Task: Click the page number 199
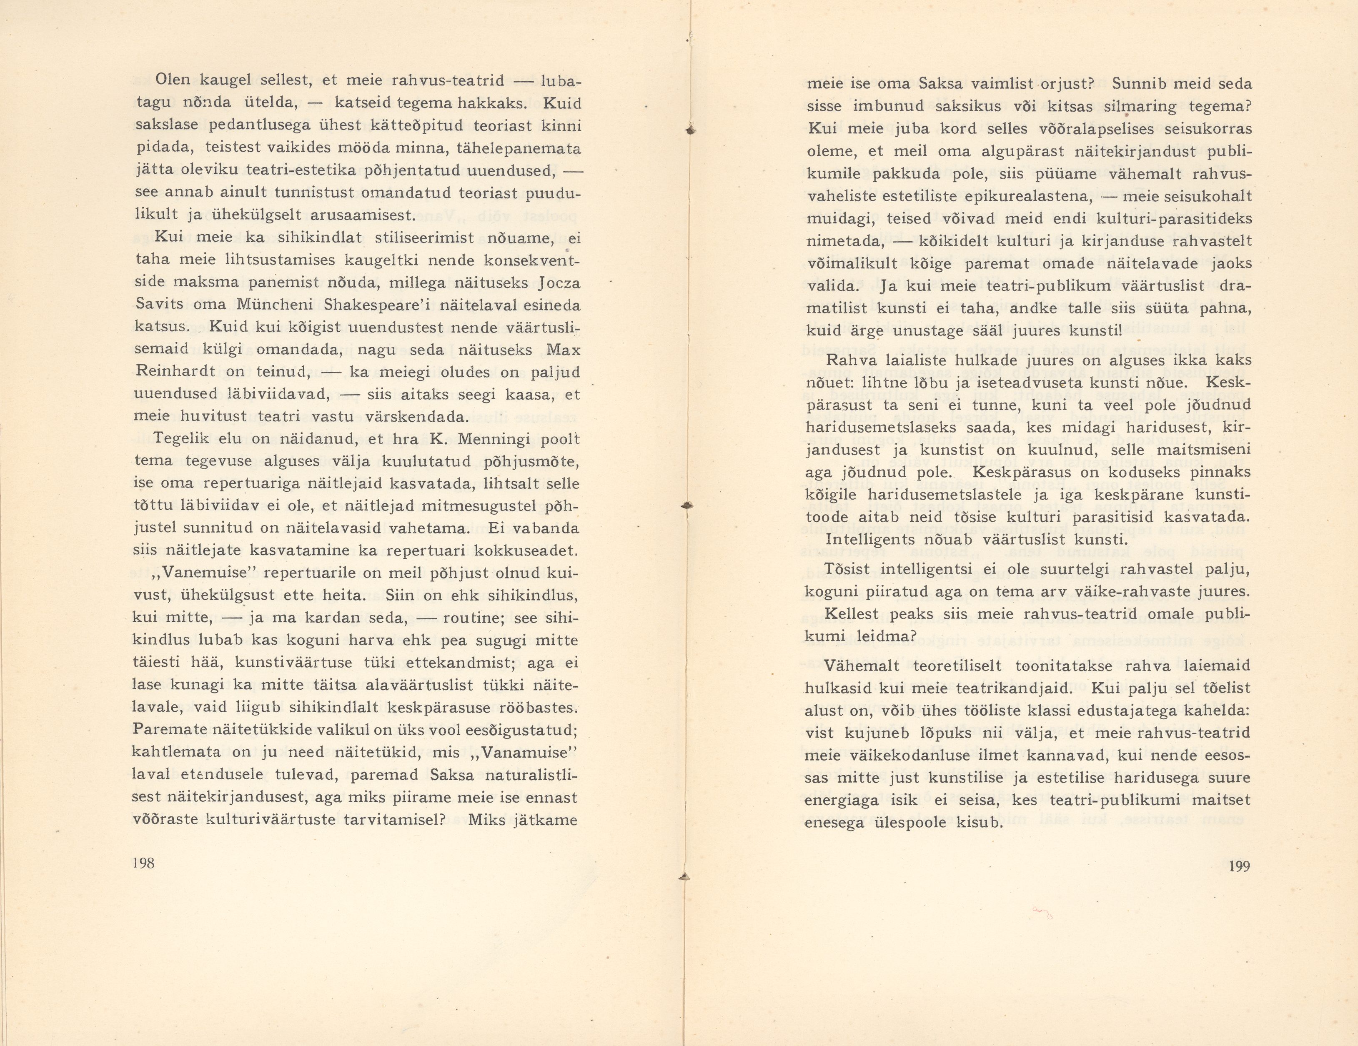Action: pos(1239,866)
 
